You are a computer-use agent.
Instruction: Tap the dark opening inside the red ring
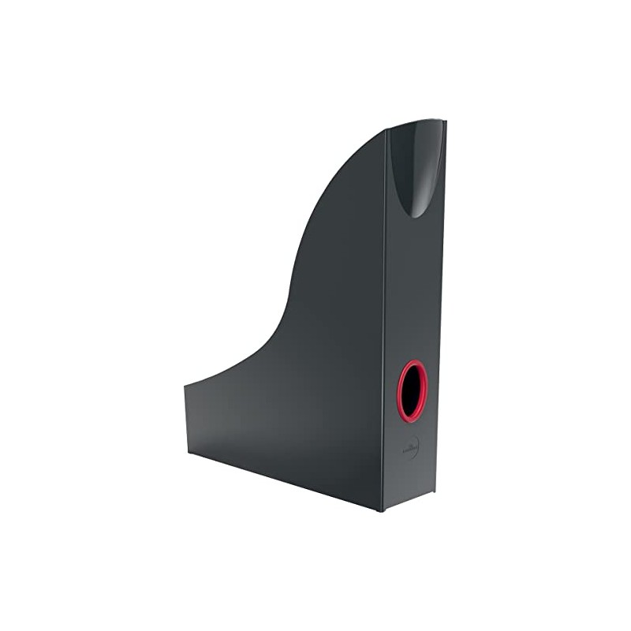pyautogui.click(x=412, y=391)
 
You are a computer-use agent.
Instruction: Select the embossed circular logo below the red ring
pyautogui.click(x=410, y=447)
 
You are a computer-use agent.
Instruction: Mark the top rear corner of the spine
pyautogui.click(x=445, y=121)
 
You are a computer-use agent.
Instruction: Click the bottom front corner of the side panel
pyautogui.click(x=187, y=455)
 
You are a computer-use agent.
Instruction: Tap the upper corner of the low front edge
pyautogui.click(x=185, y=386)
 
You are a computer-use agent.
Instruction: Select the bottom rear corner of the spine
pyautogui.click(x=434, y=493)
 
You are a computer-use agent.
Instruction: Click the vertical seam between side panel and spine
pyautogui.click(x=385, y=315)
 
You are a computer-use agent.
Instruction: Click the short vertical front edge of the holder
pyautogui.click(x=185, y=420)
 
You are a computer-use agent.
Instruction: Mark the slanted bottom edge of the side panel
pyautogui.click(x=284, y=483)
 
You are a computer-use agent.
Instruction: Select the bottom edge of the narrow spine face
pyautogui.click(x=409, y=502)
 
